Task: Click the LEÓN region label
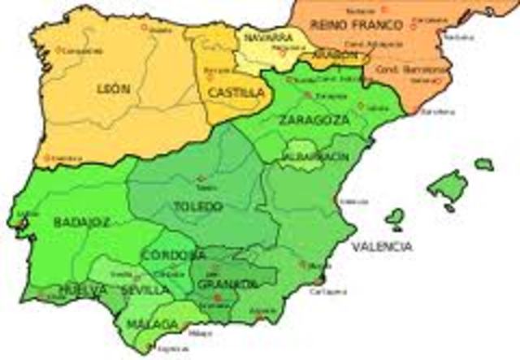(x=114, y=88)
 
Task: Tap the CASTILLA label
(x=236, y=93)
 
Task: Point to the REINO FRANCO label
(x=346, y=24)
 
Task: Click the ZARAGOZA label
(x=314, y=119)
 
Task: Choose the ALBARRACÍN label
(x=315, y=154)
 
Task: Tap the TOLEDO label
(x=198, y=206)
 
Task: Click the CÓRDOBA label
(x=174, y=255)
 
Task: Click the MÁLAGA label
(x=152, y=324)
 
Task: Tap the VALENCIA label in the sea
(x=381, y=245)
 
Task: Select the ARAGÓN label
(x=334, y=54)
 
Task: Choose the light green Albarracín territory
(x=301, y=159)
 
